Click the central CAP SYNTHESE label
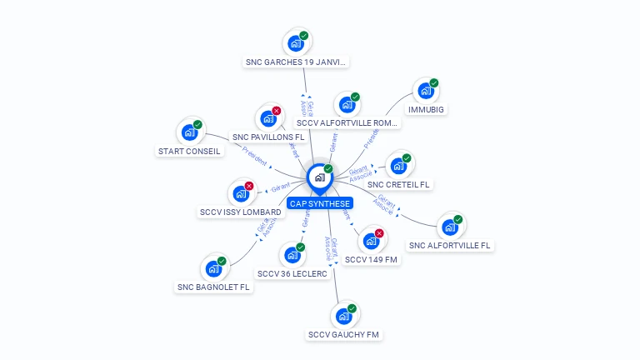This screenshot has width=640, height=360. coord(320,203)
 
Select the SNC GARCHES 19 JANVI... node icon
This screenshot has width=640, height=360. coord(295,42)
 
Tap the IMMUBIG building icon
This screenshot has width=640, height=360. coord(426,91)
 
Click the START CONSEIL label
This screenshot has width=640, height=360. coord(189,152)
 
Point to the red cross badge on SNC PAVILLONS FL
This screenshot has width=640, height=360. coord(277,111)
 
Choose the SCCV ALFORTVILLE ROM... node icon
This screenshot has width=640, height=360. coord(346,105)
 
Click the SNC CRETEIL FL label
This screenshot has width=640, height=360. coord(398,184)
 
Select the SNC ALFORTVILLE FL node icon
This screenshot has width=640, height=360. coord(449,227)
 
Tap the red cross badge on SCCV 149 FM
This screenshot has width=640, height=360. coord(380,233)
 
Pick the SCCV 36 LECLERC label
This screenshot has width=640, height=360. coord(292,273)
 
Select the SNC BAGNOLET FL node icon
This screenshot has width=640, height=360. coord(213,268)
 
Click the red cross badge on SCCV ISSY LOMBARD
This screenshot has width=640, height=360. coord(249,186)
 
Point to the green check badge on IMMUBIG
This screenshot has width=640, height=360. coord(434,83)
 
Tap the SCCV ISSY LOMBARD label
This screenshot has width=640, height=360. coord(241,212)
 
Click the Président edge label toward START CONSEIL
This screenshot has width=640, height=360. coord(255,155)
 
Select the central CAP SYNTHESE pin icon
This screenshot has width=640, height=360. coord(319,177)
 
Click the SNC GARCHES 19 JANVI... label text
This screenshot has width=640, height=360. coord(296,62)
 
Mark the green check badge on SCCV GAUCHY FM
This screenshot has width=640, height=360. coord(352,308)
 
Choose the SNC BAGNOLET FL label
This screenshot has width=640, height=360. coord(213,287)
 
